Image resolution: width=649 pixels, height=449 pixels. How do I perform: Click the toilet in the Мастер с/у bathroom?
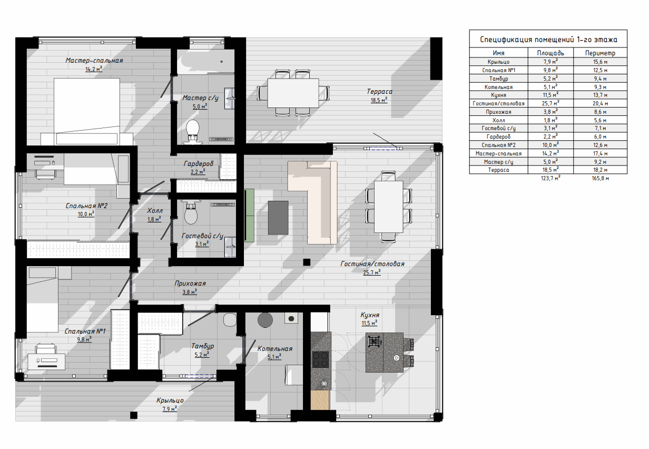(193, 132)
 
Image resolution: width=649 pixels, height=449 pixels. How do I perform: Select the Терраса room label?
(379, 92)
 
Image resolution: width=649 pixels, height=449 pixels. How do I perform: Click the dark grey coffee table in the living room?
(278, 218)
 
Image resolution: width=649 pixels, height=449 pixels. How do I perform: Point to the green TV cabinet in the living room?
(249, 216)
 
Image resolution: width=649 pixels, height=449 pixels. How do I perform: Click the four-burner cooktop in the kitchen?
(320, 359)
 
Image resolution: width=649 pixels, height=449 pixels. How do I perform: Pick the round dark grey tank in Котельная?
(265, 320)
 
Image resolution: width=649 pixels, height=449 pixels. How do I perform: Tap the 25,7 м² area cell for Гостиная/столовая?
(550, 103)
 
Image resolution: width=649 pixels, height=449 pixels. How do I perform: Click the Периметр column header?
(600, 53)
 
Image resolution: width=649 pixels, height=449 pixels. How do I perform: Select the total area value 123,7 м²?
(550, 178)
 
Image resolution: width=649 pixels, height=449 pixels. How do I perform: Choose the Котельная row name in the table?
(498, 87)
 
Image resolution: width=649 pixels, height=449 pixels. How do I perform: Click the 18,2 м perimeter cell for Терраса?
(600, 170)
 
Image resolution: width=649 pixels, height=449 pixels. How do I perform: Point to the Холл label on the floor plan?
(155, 211)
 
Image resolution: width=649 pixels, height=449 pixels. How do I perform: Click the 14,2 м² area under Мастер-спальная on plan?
(94, 69)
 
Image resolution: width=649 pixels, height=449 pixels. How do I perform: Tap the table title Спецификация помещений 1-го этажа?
(548, 40)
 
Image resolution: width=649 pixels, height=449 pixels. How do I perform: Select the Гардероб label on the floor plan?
(199, 164)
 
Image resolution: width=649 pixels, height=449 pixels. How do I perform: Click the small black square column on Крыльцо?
(134, 415)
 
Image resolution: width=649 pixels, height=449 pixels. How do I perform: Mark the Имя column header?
(498, 53)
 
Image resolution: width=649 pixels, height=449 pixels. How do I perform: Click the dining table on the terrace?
(293, 93)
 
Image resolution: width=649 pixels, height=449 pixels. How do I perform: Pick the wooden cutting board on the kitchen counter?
(320, 400)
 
